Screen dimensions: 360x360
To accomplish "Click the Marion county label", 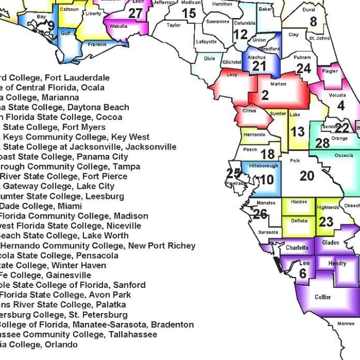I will (278, 85).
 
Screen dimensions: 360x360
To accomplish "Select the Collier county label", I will (323, 297).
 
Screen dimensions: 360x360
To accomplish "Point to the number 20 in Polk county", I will (307, 176).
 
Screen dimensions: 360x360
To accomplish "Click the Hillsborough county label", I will (263, 165).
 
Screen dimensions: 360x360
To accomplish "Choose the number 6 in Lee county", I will (303, 274).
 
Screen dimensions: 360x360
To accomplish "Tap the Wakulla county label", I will (118, 26).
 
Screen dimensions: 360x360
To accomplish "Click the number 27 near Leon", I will (135, 14).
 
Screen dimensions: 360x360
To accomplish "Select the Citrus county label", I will (249, 111).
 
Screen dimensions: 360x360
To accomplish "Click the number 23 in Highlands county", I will (326, 221).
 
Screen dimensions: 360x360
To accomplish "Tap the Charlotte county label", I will (297, 248).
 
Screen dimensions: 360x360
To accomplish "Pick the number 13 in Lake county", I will (297, 132).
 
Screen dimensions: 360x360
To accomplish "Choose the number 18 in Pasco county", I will (267, 154).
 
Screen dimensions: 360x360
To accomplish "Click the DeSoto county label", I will (299, 221).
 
